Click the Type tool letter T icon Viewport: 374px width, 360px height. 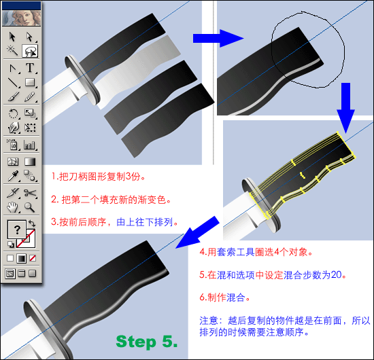(30, 68)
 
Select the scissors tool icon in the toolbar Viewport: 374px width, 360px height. (30, 193)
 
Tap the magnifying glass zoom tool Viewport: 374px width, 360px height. (29, 207)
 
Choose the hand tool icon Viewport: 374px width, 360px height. (13, 207)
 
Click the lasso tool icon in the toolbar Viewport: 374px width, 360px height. (30, 51)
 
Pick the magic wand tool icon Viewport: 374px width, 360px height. (12, 50)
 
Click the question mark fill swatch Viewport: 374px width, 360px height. (17, 230)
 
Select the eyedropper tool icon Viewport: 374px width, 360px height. (13, 176)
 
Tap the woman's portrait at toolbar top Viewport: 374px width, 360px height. (22, 18)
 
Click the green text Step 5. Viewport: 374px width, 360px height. (147, 342)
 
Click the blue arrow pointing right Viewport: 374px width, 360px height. (218, 38)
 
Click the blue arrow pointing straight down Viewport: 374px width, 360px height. (345, 107)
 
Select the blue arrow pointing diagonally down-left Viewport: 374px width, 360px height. (197, 232)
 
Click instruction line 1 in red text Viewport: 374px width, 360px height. (99, 177)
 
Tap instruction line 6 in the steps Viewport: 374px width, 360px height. (224, 298)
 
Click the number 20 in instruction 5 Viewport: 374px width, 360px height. (337, 275)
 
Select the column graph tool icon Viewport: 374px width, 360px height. (29, 145)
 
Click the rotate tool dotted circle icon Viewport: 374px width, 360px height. (13, 113)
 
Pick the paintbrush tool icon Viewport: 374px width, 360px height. (13, 96)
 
